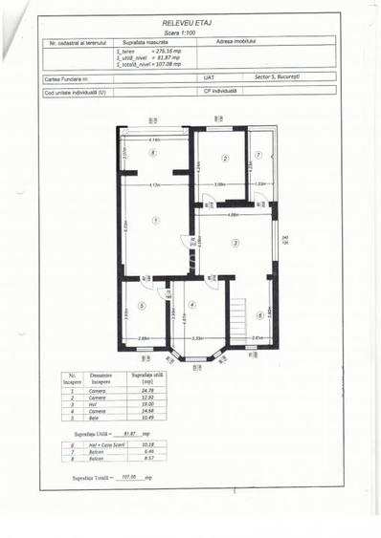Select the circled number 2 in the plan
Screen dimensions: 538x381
(x=225, y=158)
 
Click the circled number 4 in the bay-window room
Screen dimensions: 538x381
(x=191, y=305)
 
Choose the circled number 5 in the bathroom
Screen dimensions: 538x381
(x=140, y=306)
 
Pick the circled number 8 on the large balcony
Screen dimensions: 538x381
(x=152, y=152)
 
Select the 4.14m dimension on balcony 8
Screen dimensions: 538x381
(x=153, y=140)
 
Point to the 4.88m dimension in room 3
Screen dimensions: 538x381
(x=233, y=215)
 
